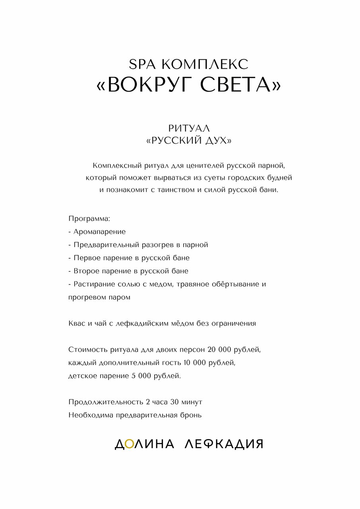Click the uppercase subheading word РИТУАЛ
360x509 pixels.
[x=189, y=128]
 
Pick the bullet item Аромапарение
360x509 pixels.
[x=99, y=232]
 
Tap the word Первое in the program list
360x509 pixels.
[x=85, y=258]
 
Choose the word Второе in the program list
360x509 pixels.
[x=85, y=271]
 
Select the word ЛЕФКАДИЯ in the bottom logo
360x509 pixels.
[x=224, y=444]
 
